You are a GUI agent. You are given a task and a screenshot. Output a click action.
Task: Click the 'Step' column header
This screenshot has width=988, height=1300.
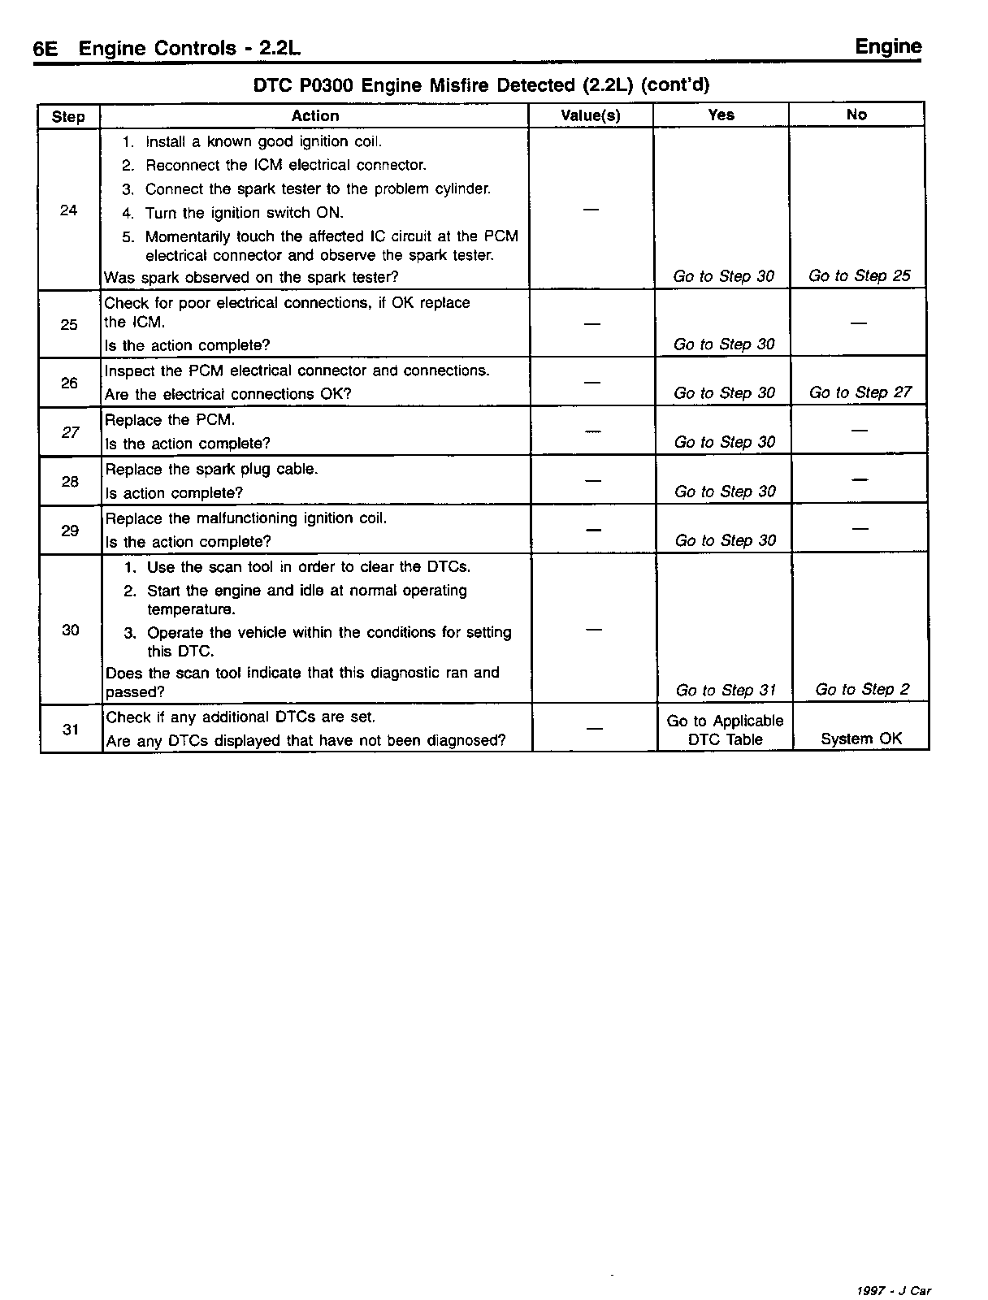click(x=68, y=116)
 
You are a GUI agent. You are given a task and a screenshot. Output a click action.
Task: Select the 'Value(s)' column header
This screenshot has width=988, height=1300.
click(x=591, y=115)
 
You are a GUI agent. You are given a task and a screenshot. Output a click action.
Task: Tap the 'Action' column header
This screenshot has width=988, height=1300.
click(x=314, y=115)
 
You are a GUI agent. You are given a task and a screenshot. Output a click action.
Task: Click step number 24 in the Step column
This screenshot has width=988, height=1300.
click(x=69, y=210)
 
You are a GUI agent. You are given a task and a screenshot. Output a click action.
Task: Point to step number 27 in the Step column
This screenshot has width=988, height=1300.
click(x=71, y=432)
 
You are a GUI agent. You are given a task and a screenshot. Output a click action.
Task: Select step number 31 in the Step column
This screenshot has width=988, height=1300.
click(x=71, y=729)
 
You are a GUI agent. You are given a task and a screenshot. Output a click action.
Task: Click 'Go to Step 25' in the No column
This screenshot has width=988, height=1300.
click(x=860, y=276)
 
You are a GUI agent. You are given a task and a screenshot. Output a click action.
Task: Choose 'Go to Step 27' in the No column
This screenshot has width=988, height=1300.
click(x=860, y=393)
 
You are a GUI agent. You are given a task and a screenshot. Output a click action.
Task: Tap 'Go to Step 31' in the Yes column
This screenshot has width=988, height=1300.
click(x=726, y=691)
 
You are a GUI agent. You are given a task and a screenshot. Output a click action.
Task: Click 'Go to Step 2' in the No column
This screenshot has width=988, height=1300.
click(x=861, y=690)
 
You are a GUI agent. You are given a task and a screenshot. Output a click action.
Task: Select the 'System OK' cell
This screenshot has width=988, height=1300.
click(x=861, y=739)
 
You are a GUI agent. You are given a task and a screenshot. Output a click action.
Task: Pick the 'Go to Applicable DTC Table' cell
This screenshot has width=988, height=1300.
click(x=725, y=730)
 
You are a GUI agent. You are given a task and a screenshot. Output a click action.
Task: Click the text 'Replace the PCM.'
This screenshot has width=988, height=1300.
click(x=170, y=420)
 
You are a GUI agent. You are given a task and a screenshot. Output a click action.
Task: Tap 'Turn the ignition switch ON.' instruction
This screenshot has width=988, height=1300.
click(x=244, y=213)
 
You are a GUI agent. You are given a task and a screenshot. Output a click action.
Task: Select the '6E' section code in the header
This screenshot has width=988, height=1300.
click(x=45, y=49)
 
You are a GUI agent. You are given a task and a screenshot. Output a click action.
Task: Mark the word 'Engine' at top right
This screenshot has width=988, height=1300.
click(x=888, y=47)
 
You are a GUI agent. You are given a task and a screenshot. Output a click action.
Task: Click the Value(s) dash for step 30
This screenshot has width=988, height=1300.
click(x=594, y=630)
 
